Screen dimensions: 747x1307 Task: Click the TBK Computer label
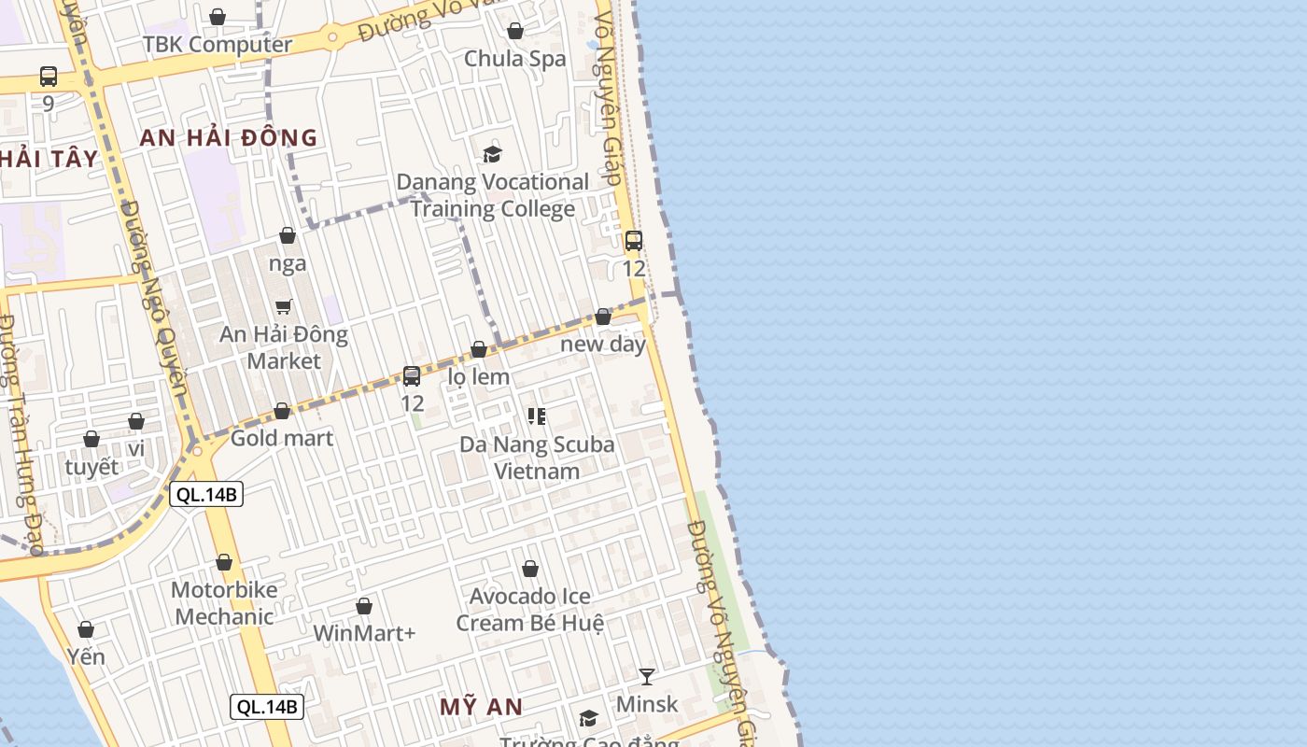coord(217,44)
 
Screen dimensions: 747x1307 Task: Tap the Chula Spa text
coord(514,58)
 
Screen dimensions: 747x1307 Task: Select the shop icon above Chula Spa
coord(514,32)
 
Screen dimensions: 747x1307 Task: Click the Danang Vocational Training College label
coord(493,195)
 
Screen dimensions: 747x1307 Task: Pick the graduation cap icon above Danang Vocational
coord(492,154)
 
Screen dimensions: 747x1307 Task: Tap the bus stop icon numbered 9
coord(49,77)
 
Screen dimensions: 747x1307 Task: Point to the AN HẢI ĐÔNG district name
coord(229,138)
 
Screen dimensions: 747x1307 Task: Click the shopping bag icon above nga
coord(288,235)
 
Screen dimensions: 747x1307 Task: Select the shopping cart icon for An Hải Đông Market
coord(284,306)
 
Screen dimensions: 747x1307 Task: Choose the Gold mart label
coord(281,437)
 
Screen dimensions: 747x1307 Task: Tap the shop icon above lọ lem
coord(479,350)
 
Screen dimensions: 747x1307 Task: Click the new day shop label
coord(603,344)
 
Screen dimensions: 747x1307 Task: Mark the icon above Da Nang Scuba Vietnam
coord(536,416)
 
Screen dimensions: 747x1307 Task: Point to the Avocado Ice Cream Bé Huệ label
coord(529,609)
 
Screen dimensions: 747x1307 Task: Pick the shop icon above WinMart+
coord(364,607)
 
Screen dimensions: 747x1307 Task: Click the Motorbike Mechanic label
coord(224,603)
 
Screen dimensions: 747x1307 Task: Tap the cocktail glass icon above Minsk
coord(647,676)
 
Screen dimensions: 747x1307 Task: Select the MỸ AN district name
coord(481,707)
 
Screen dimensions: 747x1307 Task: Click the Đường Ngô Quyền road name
coord(155,299)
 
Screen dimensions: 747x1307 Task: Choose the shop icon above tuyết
coord(91,439)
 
